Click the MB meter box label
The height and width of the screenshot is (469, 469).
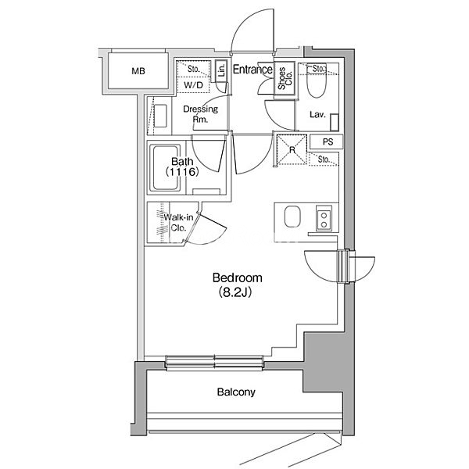(x=138, y=71)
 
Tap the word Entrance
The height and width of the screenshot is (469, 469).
(x=252, y=70)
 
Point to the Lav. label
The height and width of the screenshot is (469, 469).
(x=317, y=115)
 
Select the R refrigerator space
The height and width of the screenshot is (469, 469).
(x=292, y=149)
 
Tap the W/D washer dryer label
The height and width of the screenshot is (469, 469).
(x=193, y=85)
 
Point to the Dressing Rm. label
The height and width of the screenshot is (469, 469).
(x=200, y=114)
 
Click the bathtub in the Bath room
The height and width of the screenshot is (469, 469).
(x=166, y=168)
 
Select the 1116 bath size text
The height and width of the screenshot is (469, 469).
(x=182, y=172)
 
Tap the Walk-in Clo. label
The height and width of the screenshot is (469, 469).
(x=178, y=222)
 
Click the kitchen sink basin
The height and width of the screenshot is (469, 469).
(x=292, y=217)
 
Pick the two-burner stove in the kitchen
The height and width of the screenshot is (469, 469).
(x=324, y=219)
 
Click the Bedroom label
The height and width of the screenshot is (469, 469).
(x=237, y=277)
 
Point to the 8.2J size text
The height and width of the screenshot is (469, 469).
(x=234, y=292)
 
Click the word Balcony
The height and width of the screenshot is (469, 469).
(x=236, y=392)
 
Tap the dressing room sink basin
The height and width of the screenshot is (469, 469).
(x=160, y=116)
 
